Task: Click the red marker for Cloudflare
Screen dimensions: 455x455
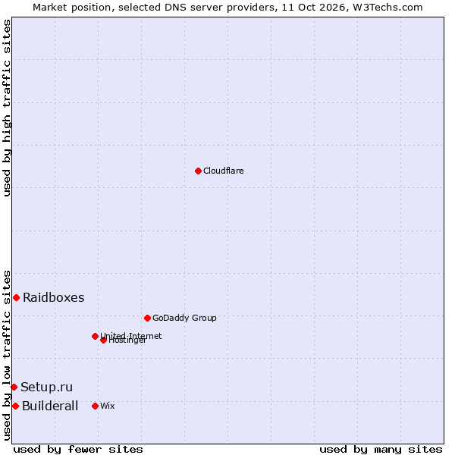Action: pos(198,171)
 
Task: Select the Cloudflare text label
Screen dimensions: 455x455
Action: pos(223,171)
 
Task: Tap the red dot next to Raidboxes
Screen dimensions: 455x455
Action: pos(16,297)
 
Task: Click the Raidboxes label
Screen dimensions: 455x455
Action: pos(53,297)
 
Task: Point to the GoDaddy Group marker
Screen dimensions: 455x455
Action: pos(147,318)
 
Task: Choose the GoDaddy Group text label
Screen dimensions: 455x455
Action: pos(184,318)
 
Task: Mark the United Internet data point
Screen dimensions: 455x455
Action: pos(95,336)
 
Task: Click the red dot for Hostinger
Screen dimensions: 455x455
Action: pos(103,340)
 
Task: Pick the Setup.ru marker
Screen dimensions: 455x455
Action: pos(14,387)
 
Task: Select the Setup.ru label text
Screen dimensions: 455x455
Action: pos(46,387)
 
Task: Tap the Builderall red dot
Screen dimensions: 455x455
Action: pos(15,406)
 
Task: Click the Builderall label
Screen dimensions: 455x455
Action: pos(50,406)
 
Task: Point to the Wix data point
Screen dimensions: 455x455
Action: pos(95,406)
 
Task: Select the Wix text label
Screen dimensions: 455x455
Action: pos(108,406)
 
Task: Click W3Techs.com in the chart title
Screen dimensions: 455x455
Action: pos(388,8)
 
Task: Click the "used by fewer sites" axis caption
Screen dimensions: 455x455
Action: pos(78,450)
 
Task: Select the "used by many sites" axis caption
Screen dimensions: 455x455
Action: pos(381,450)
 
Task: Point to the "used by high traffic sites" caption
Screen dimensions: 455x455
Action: pos(7,108)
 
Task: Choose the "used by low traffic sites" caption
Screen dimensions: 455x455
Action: pos(7,356)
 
